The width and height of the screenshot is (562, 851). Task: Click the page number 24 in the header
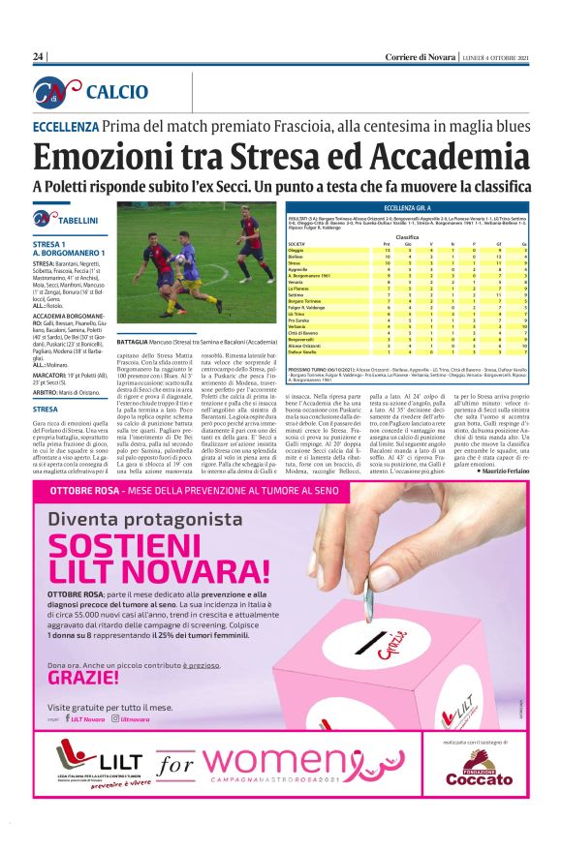(39, 57)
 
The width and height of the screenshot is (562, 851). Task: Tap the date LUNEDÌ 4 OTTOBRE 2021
(495, 57)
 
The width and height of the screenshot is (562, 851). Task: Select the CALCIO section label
(117, 92)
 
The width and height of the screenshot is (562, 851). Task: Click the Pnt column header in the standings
(387, 242)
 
